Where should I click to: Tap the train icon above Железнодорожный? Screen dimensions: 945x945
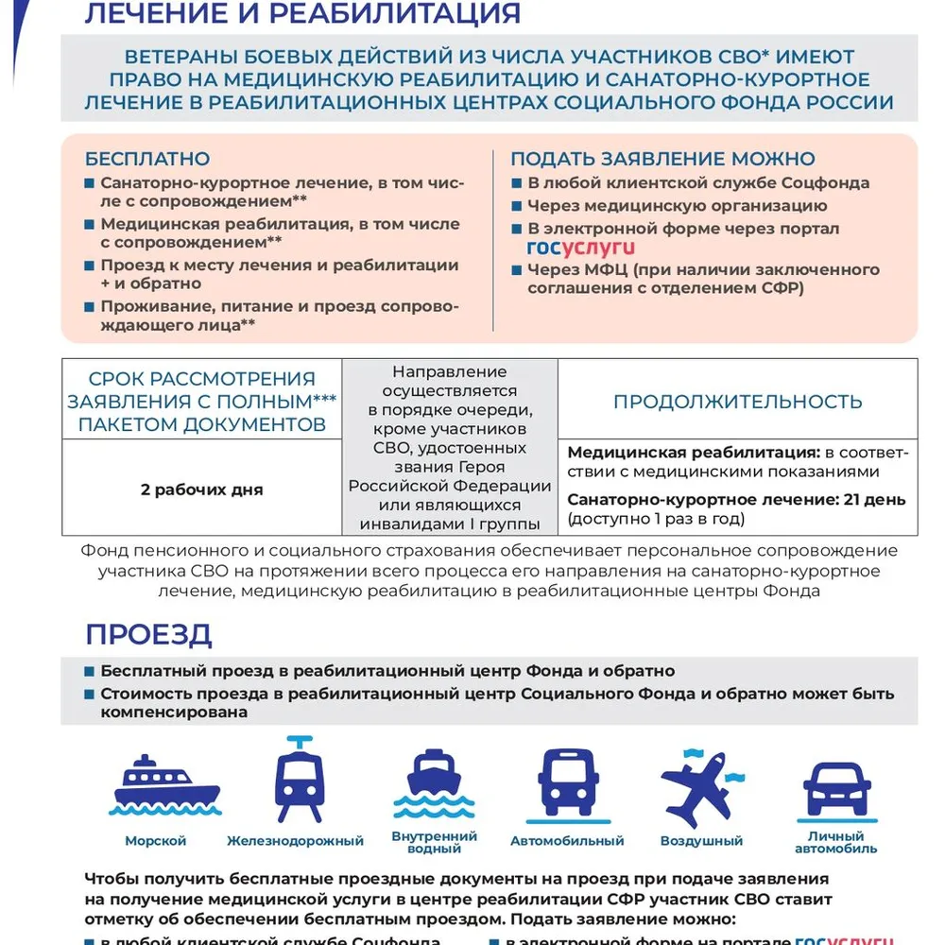coord(300,780)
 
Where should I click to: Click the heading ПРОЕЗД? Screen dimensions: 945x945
coord(148,634)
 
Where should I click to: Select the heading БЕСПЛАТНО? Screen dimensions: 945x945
coord(147,159)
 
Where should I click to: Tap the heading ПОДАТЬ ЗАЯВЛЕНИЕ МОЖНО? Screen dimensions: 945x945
coord(662,159)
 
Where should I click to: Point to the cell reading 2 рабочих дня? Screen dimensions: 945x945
coord(201,490)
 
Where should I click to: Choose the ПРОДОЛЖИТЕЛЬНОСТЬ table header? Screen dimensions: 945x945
coord(737,401)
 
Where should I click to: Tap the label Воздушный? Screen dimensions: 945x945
coord(701,841)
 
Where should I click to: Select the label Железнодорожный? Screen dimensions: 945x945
coord(296,841)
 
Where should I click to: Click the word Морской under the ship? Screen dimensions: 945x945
coord(156,841)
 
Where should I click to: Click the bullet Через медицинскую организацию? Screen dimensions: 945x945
coord(677,205)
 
